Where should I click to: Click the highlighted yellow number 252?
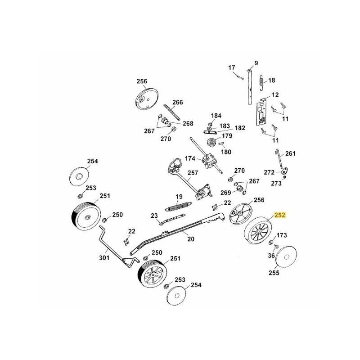point(280,216)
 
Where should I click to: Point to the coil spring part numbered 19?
point(178,206)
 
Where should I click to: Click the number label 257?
point(193,173)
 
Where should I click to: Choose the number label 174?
point(190,159)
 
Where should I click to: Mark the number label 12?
point(275,95)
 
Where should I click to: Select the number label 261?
point(290,153)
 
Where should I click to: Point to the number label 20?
point(190,239)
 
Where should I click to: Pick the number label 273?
point(276,183)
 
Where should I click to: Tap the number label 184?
point(216,116)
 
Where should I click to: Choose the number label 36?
point(270,255)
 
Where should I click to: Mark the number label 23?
point(154,216)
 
